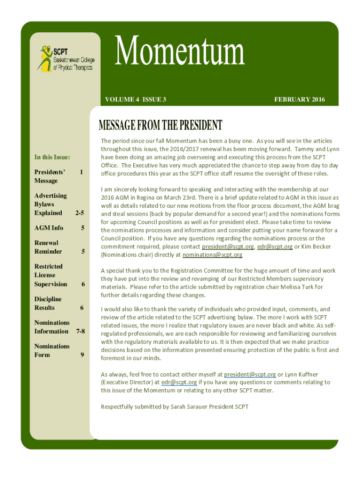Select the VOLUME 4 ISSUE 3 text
[x=136, y=99]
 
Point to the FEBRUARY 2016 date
[x=299, y=99]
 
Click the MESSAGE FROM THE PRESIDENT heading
[x=160, y=125]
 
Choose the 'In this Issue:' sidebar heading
[x=52, y=157]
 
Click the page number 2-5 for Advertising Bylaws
[x=79, y=213]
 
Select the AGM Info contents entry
[x=49, y=228]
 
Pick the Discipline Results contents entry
[x=48, y=303]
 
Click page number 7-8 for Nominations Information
[x=80, y=331]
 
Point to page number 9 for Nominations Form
[x=82, y=355]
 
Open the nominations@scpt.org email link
[x=212, y=255]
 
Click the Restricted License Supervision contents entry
[x=51, y=275]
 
